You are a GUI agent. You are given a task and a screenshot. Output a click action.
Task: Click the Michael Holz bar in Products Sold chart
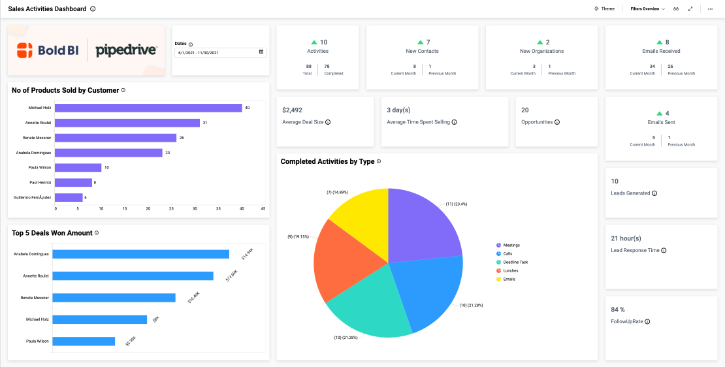(x=148, y=108)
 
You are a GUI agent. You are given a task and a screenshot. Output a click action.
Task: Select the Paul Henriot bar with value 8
(x=73, y=182)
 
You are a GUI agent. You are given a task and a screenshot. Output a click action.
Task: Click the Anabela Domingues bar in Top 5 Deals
(x=140, y=254)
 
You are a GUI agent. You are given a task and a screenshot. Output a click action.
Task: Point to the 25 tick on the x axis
(x=171, y=209)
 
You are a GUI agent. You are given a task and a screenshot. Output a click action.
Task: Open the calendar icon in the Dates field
(x=261, y=52)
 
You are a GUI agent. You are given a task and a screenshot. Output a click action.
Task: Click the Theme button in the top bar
(x=604, y=9)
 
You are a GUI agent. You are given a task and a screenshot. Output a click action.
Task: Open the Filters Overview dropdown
(x=647, y=9)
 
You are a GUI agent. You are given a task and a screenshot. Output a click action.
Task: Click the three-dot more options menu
(x=710, y=9)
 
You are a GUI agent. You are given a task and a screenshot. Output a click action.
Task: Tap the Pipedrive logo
(x=126, y=50)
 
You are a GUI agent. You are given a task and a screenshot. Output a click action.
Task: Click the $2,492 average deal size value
(x=292, y=110)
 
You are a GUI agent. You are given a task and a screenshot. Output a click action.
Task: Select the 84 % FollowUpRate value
(x=618, y=310)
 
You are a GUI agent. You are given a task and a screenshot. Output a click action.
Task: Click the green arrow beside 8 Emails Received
(x=658, y=42)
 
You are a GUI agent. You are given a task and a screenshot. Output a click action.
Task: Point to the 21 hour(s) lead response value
(x=626, y=238)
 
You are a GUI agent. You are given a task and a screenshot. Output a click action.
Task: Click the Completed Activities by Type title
(x=327, y=161)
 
